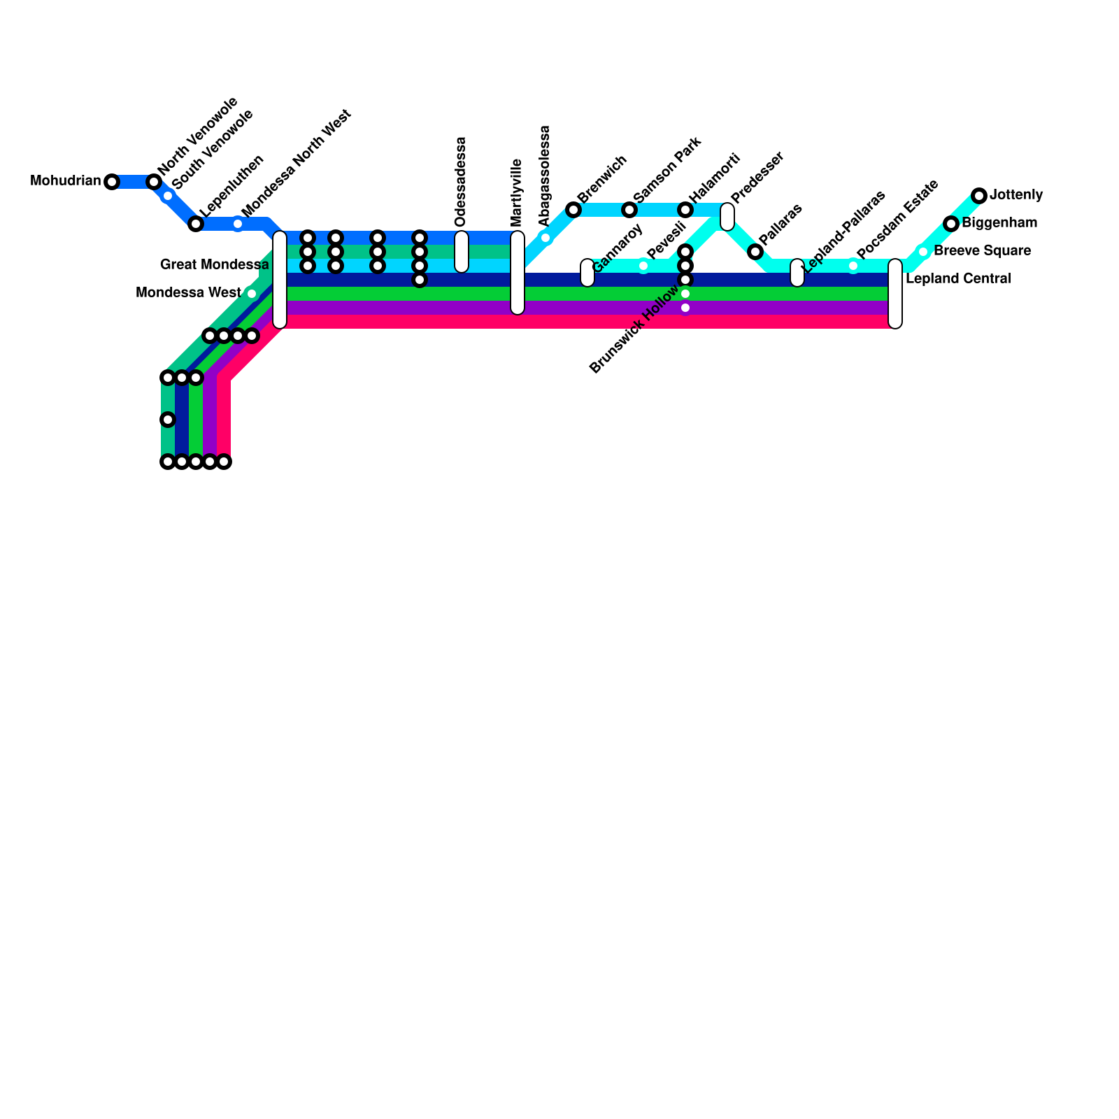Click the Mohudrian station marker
coord(112,182)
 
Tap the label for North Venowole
coord(198,136)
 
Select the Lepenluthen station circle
coord(196,224)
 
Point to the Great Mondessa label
coord(214,265)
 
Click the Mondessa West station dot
coord(252,294)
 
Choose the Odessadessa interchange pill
coord(462,252)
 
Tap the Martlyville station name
coord(517,192)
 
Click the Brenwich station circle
coord(573,210)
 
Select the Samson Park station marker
coord(629,210)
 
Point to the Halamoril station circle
coord(685,210)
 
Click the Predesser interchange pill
coord(727,217)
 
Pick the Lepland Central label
coord(958,279)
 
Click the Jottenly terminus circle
coord(979,196)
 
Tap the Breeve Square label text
coord(982,251)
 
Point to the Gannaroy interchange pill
coord(587,273)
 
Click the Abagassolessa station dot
coord(546,238)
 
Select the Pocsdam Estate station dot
coord(853,266)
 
